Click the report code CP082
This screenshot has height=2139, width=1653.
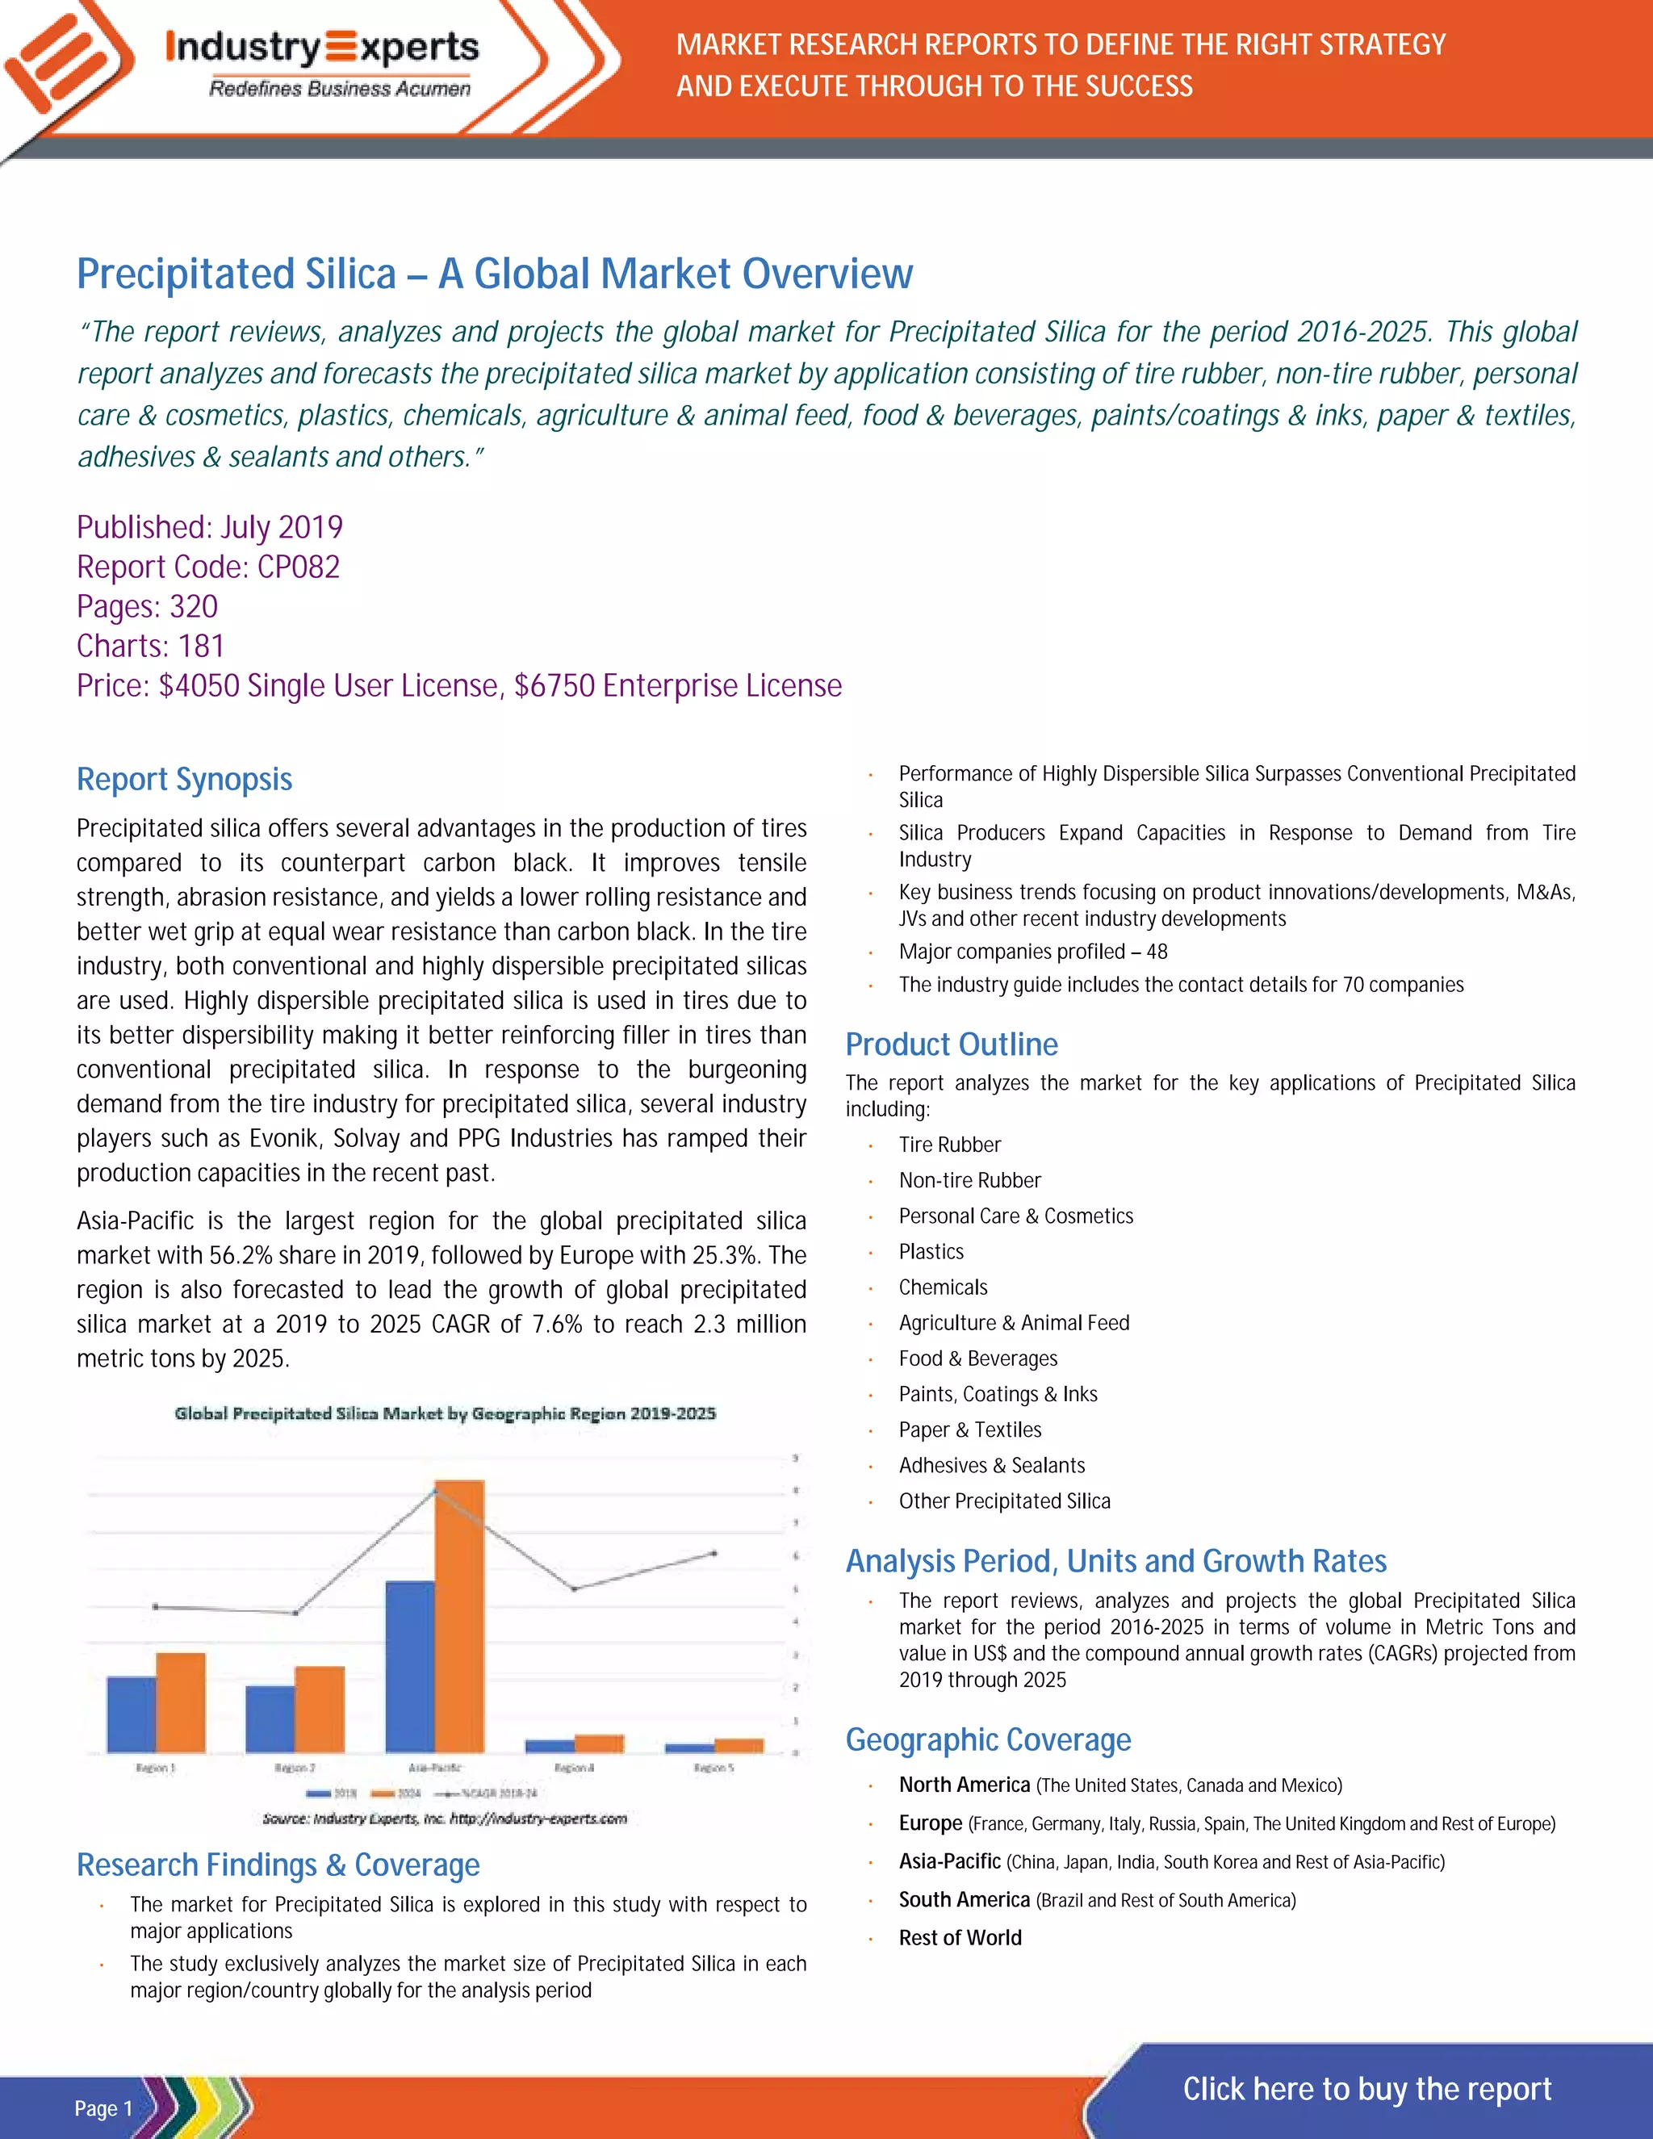pos(298,567)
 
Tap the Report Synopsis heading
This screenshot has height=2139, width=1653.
pos(184,780)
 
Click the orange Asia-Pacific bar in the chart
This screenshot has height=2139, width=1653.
pos(459,1616)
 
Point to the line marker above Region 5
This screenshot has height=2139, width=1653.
pos(714,1553)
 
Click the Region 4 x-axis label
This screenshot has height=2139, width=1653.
pos(574,1768)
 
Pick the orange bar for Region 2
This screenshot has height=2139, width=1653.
pos(320,1709)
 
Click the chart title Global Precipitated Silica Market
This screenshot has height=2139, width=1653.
pos(445,1413)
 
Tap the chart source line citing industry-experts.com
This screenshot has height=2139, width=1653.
pos(445,1819)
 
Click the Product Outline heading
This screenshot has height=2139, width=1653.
pos(951,1044)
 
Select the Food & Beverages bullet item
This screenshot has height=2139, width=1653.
pos(977,1358)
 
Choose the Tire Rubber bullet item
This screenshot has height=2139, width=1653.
pos(949,1145)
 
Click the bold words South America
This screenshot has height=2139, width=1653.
pos(964,1899)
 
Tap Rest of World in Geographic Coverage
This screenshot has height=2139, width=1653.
pos(960,1937)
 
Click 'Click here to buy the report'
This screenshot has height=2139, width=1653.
pos(1366,2088)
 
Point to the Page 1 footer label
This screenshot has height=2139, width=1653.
pos(103,2108)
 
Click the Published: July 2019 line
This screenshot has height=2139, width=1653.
pos(210,528)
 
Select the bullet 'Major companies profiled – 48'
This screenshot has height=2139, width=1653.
pos(1032,952)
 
